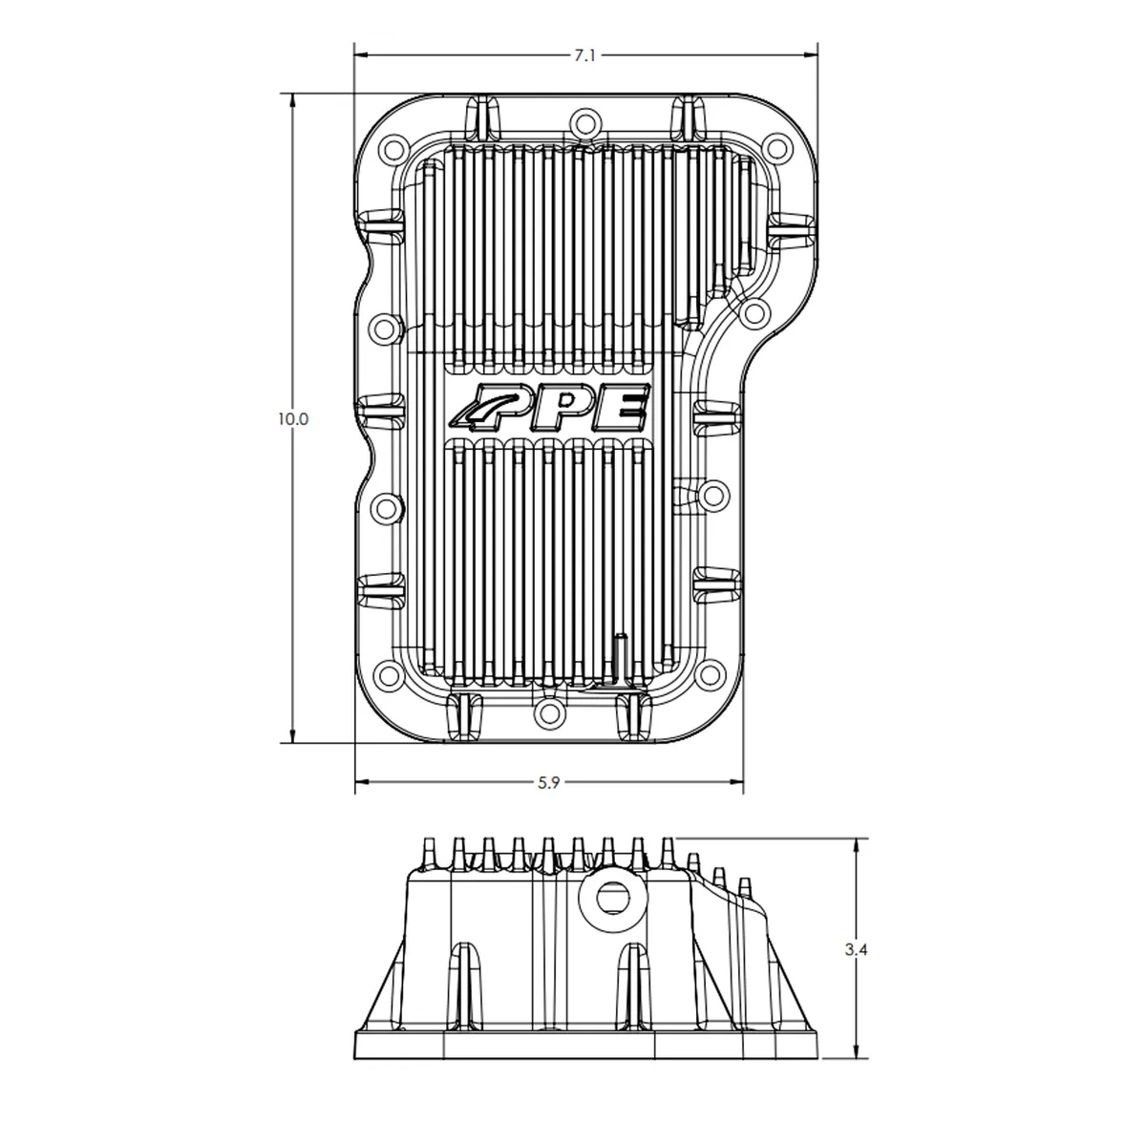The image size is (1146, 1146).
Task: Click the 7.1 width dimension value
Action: pyautogui.click(x=584, y=56)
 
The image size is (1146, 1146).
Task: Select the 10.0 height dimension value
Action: pyautogui.click(x=292, y=418)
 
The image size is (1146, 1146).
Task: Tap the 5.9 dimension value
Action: pyautogui.click(x=548, y=783)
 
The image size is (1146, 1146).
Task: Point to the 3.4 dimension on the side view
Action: pyautogui.click(x=856, y=950)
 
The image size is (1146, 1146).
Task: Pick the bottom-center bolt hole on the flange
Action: pyautogui.click(x=548, y=711)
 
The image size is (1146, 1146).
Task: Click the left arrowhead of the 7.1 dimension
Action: pyautogui.click(x=361, y=56)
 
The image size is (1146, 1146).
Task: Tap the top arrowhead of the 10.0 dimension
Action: pyautogui.click(x=292, y=99)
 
